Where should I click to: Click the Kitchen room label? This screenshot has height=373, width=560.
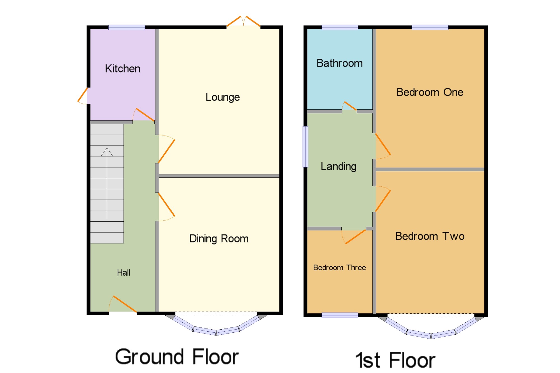(x=123, y=69)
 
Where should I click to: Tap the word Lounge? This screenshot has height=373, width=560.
(x=223, y=97)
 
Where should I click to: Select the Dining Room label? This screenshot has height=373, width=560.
(x=219, y=239)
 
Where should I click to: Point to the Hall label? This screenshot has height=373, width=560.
(x=123, y=273)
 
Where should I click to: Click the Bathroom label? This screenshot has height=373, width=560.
(x=339, y=63)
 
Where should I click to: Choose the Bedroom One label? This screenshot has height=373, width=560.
(x=430, y=92)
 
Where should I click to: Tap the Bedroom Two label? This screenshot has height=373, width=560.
(x=430, y=236)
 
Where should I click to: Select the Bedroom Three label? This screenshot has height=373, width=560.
(x=339, y=268)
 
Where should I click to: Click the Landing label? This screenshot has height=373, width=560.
(x=339, y=166)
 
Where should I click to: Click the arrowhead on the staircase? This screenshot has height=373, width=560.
(x=107, y=152)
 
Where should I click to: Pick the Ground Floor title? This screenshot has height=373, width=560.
(x=177, y=357)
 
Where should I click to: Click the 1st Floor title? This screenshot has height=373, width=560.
(x=395, y=360)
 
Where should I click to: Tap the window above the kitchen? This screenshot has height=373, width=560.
(x=127, y=27)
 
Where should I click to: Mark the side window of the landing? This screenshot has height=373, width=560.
(x=305, y=147)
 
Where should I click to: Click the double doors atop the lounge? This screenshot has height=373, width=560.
(x=243, y=22)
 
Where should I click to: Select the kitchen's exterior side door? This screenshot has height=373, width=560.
(x=83, y=96)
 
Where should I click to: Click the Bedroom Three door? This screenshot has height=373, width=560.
(x=355, y=237)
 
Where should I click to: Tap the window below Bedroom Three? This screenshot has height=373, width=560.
(x=340, y=315)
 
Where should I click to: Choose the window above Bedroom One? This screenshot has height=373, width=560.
(x=430, y=27)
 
